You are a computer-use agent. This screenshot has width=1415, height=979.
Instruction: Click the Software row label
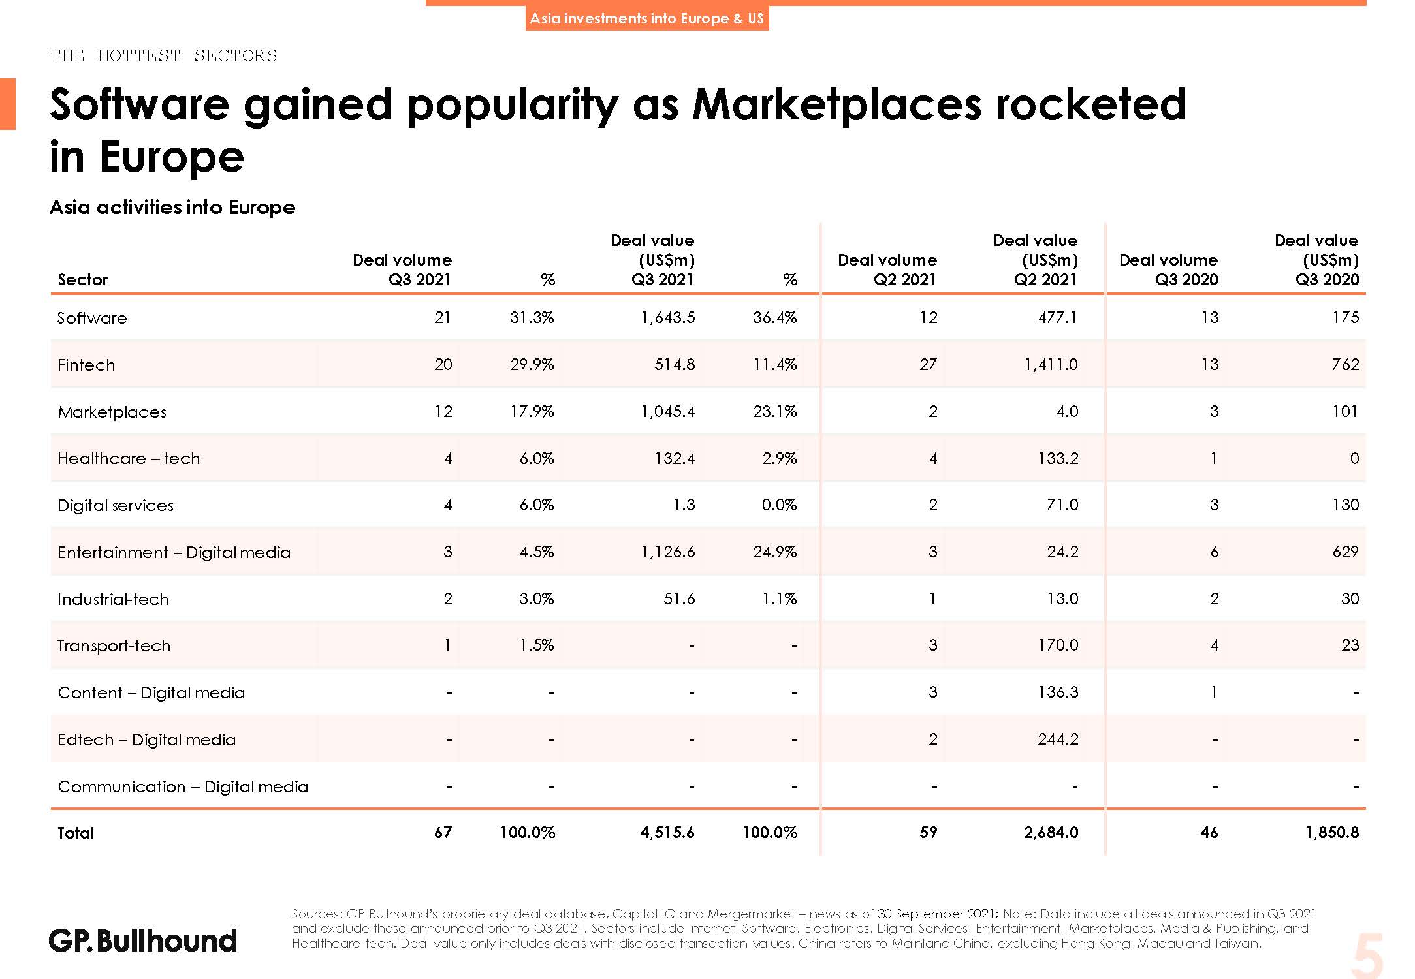coord(92,318)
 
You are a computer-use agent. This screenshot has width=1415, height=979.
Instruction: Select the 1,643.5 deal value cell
coord(668,318)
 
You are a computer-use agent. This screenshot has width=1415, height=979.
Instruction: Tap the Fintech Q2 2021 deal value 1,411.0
coord(1051,364)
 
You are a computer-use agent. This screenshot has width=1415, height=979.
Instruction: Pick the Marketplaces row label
coord(112,412)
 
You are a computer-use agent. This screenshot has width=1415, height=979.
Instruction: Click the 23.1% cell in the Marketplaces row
coord(774,411)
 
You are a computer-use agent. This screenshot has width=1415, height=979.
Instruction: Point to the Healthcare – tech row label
coord(129,458)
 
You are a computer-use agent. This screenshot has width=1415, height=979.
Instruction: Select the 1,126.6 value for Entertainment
coord(668,552)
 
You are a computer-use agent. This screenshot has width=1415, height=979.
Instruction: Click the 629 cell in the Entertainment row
coord(1345,552)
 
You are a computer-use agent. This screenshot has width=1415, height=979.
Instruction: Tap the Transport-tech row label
coord(114,645)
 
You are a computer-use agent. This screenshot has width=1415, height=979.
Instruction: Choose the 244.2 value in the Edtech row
coord(1058,739)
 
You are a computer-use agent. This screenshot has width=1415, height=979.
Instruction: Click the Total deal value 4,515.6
coord(667,832)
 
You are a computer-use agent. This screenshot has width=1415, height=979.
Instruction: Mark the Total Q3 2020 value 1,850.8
coord(1331,832)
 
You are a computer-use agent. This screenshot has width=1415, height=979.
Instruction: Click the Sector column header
coord(82,279)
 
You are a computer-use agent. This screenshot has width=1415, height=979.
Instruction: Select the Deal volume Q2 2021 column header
coord(887,270)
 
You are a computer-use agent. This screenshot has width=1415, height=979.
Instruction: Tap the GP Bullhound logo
coord(143,940)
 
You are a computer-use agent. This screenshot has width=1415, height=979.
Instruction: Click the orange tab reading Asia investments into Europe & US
coord(646,18)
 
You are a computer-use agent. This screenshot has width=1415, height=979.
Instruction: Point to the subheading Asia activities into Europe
coord(172,208)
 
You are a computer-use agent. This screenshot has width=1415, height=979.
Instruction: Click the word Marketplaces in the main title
coord(836,104)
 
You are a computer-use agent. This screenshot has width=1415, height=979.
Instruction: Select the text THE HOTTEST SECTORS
coord(164,55)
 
